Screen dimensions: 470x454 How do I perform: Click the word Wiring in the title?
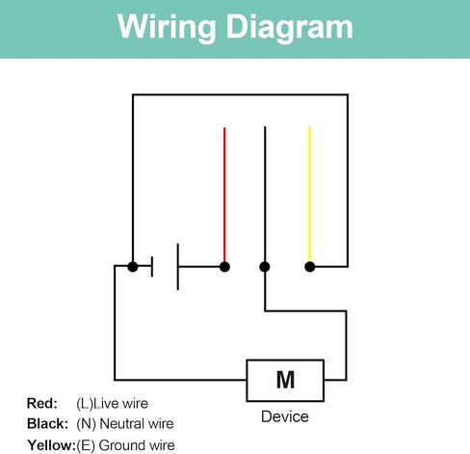[x=167, y=28]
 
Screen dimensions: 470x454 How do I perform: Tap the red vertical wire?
[x=224, y=195]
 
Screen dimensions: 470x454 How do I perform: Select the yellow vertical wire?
[x=309, y=194]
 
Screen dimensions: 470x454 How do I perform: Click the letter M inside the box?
[x=285, y=380]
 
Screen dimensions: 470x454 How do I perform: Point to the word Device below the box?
[x=285, y=416]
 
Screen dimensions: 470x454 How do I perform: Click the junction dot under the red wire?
[x=224, y=267]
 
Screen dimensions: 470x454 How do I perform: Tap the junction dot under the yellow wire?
[x=310, y=267]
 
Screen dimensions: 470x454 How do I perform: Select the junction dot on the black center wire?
[x=265, y=267]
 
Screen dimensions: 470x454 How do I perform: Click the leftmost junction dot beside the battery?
[x=133, y=267]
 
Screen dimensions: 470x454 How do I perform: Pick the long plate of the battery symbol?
[x=178, y=267]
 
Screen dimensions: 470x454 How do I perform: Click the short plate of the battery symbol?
[x=152, y=266]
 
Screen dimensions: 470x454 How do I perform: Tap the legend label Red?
[x=42, y=403]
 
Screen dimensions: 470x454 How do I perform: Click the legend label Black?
[x=47, y=424]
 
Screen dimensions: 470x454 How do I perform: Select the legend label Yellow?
[x=51, y=445]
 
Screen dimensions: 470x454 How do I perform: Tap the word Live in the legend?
[x=106, y=403]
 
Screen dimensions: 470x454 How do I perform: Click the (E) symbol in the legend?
[x=86, y=445]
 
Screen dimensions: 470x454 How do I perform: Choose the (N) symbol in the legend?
[x=86, y=424]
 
